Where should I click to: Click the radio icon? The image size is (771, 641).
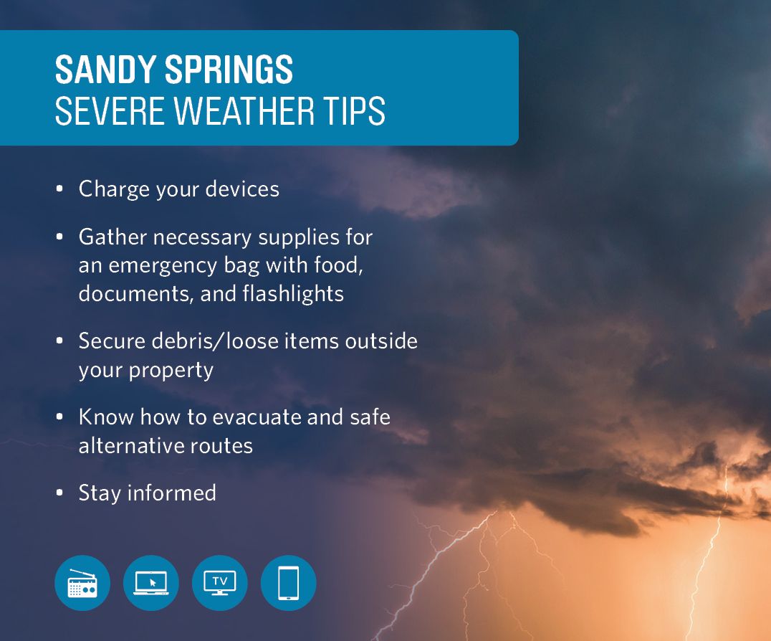82,583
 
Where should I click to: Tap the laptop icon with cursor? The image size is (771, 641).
151,583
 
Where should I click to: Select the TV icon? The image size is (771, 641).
220,583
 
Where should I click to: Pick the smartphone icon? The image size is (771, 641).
289,583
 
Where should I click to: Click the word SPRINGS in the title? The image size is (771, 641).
229,70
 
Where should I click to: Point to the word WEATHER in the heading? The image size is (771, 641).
244,110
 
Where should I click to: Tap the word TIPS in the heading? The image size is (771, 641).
354,110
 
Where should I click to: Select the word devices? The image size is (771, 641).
242,189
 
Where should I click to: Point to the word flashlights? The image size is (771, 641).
293,294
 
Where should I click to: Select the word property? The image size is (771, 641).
171,371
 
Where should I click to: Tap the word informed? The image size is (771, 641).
171,493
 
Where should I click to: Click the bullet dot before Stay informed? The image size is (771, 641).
59,492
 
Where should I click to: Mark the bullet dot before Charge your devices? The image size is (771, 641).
59,189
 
